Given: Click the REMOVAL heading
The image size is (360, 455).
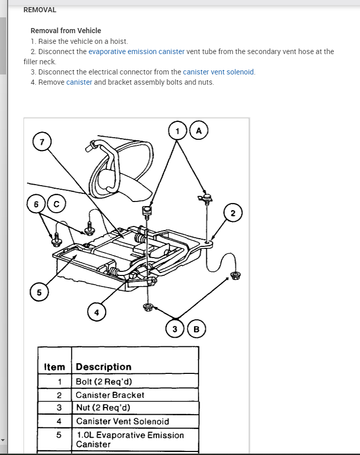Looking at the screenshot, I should coord(40,10).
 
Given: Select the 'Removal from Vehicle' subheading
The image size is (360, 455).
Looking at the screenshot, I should coord(66,31).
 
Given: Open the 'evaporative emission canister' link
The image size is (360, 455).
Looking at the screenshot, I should coord(136,52).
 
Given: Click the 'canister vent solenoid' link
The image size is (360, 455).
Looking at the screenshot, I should coord(219,72).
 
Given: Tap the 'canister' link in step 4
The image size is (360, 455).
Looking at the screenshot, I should coord(79,82).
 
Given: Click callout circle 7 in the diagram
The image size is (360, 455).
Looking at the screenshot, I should coord(42,141).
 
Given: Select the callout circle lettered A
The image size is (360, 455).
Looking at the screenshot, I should coord(199,131).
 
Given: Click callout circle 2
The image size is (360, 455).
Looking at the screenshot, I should coord(233,213).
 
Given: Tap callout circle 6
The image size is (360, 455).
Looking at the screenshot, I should coord(36,204).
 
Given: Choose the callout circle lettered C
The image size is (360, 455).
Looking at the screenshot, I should coord(57,204).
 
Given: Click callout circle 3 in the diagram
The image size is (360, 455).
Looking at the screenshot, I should coord(175,329).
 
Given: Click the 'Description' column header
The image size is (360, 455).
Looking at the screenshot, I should coord(104,367).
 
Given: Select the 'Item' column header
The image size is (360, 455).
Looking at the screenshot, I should coord(55,367).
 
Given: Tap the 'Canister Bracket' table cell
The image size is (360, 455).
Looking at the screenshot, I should coord(110,395).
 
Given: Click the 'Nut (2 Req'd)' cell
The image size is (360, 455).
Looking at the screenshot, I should coord(103,408).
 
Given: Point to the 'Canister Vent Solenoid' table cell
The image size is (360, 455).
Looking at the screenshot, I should coord(123,421).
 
